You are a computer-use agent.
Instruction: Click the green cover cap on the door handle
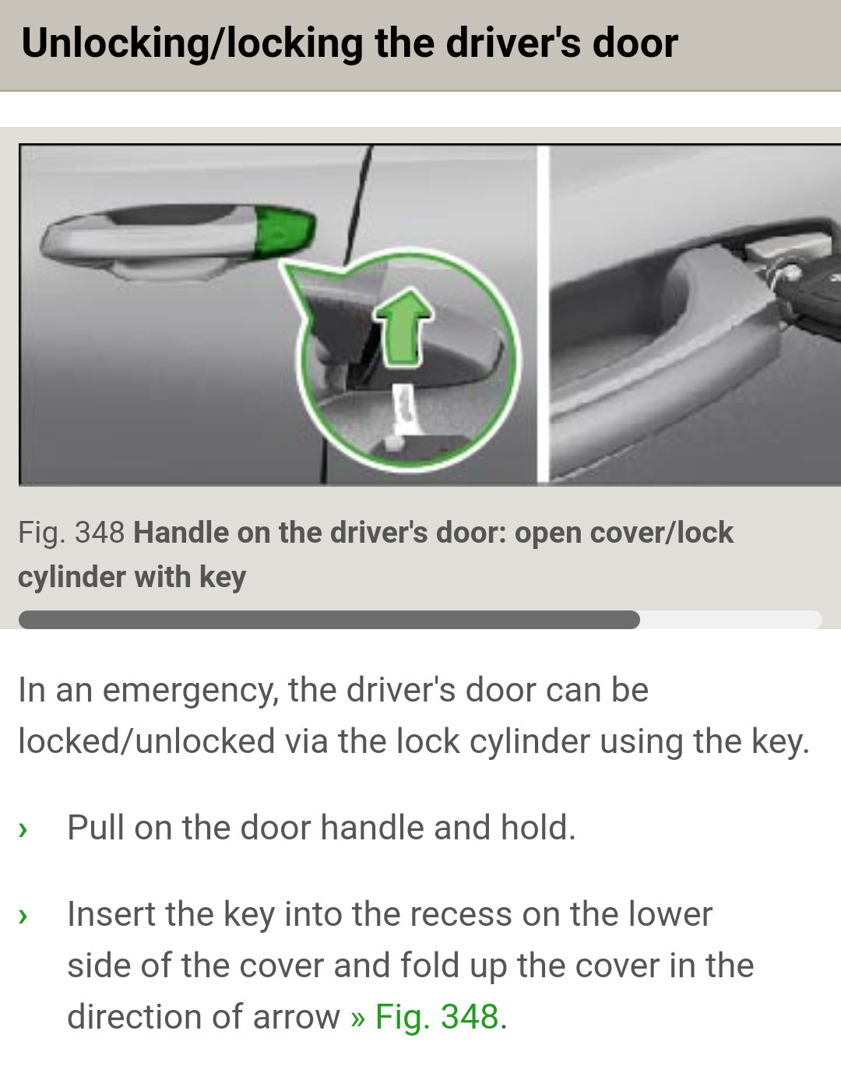(x=283, y=231)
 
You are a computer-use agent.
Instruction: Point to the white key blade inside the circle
(x=403, y=408)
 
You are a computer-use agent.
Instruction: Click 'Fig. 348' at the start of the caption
(x=71, y=533)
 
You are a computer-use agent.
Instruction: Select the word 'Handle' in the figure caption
(x=181, y=533)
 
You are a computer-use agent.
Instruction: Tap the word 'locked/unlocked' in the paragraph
(x=146, y=741)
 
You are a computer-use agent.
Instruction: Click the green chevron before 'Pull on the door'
(x=23, y=829)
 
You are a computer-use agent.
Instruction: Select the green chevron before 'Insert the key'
(x=23, y=916)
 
